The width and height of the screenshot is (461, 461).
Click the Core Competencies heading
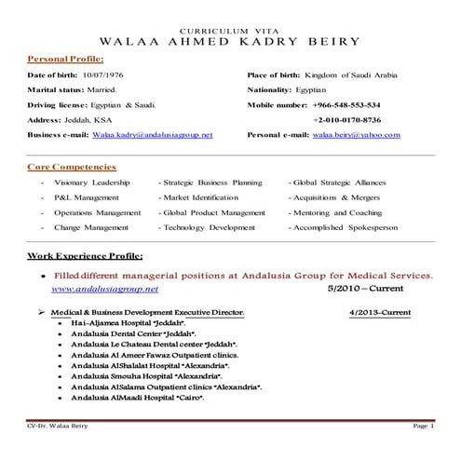(x=72, y=167)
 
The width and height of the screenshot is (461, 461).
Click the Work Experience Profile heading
(x=85, y=254)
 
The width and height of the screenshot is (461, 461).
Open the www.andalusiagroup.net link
(x=105, y=289)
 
